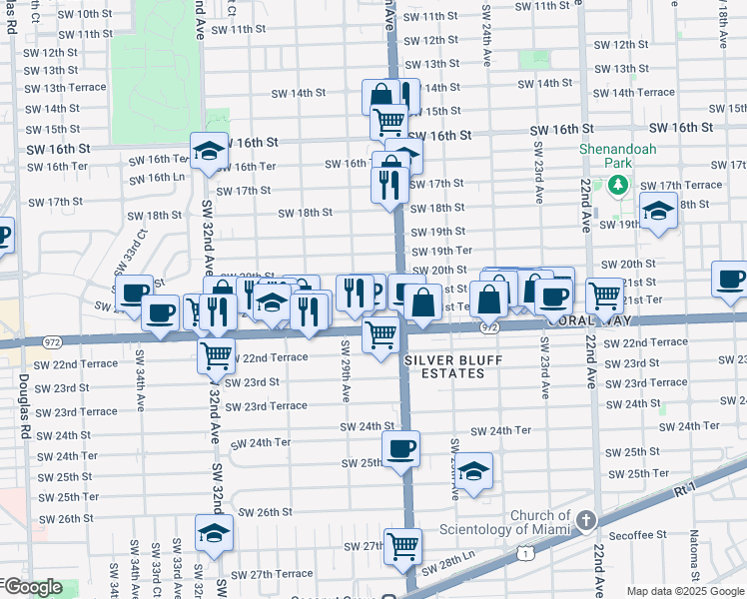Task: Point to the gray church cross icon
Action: [586, 520]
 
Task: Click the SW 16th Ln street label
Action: [158, 178]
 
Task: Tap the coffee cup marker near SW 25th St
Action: [400, 448]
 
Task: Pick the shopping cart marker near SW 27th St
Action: [402, 545]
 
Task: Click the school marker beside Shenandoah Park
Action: [658, 213]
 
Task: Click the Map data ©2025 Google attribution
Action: [684, 591]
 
